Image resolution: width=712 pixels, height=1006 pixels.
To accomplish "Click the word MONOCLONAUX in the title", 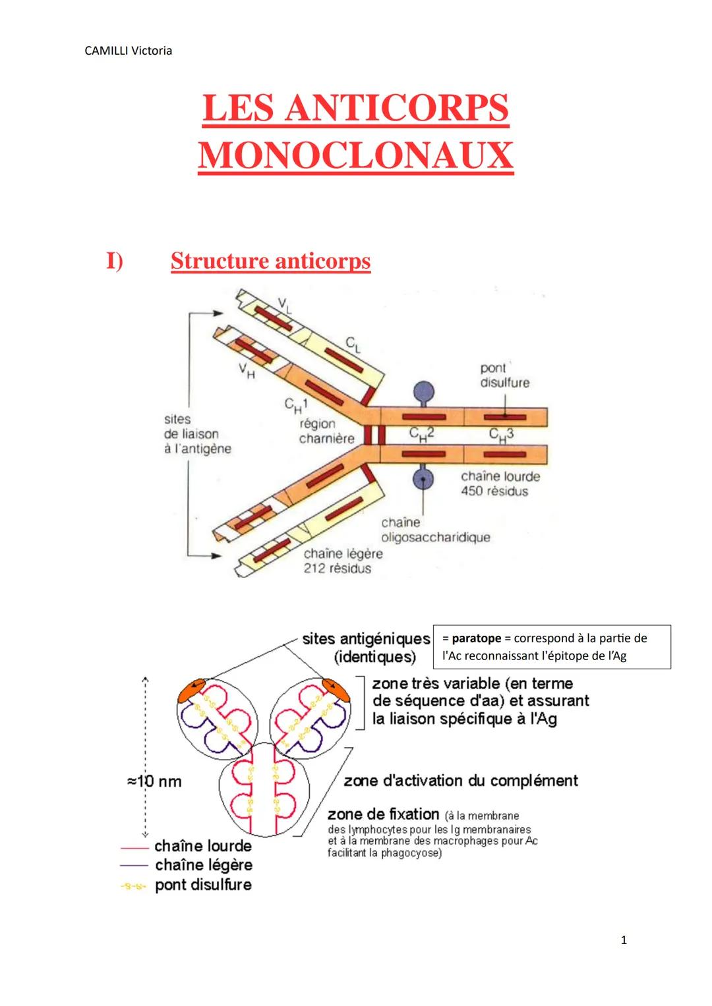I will coord(355,156).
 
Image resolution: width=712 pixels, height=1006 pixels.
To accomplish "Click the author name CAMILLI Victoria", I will coord(129,51).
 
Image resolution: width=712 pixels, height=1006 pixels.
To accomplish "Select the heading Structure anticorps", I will coord(270,261).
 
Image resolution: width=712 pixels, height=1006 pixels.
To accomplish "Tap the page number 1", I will coord(624,940).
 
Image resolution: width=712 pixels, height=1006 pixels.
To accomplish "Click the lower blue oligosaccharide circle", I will coord(423,479).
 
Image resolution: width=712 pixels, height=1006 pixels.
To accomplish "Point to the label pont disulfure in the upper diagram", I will coord(504,376).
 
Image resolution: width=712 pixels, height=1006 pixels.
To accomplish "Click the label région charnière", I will coord(326,431).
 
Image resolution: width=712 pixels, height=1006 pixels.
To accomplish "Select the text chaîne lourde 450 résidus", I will coord(500,484).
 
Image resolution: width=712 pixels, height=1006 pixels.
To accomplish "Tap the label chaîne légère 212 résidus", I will coord(342,561).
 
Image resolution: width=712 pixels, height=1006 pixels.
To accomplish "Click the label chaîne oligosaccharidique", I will coord(435,530).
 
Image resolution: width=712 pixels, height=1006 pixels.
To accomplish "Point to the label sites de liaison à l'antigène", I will coord(197,433).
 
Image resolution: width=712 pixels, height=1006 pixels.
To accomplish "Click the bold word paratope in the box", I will coord(476,638).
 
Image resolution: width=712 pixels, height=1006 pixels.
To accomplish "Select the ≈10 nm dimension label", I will coord(154,781).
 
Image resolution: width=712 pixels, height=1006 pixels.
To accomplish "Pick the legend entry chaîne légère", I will coord(203,865).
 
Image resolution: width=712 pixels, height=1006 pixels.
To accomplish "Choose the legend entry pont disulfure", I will coord(203,885).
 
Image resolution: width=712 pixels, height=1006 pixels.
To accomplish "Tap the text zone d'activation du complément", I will coord(460,781).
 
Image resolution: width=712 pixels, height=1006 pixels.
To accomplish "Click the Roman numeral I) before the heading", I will coord(115,261).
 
